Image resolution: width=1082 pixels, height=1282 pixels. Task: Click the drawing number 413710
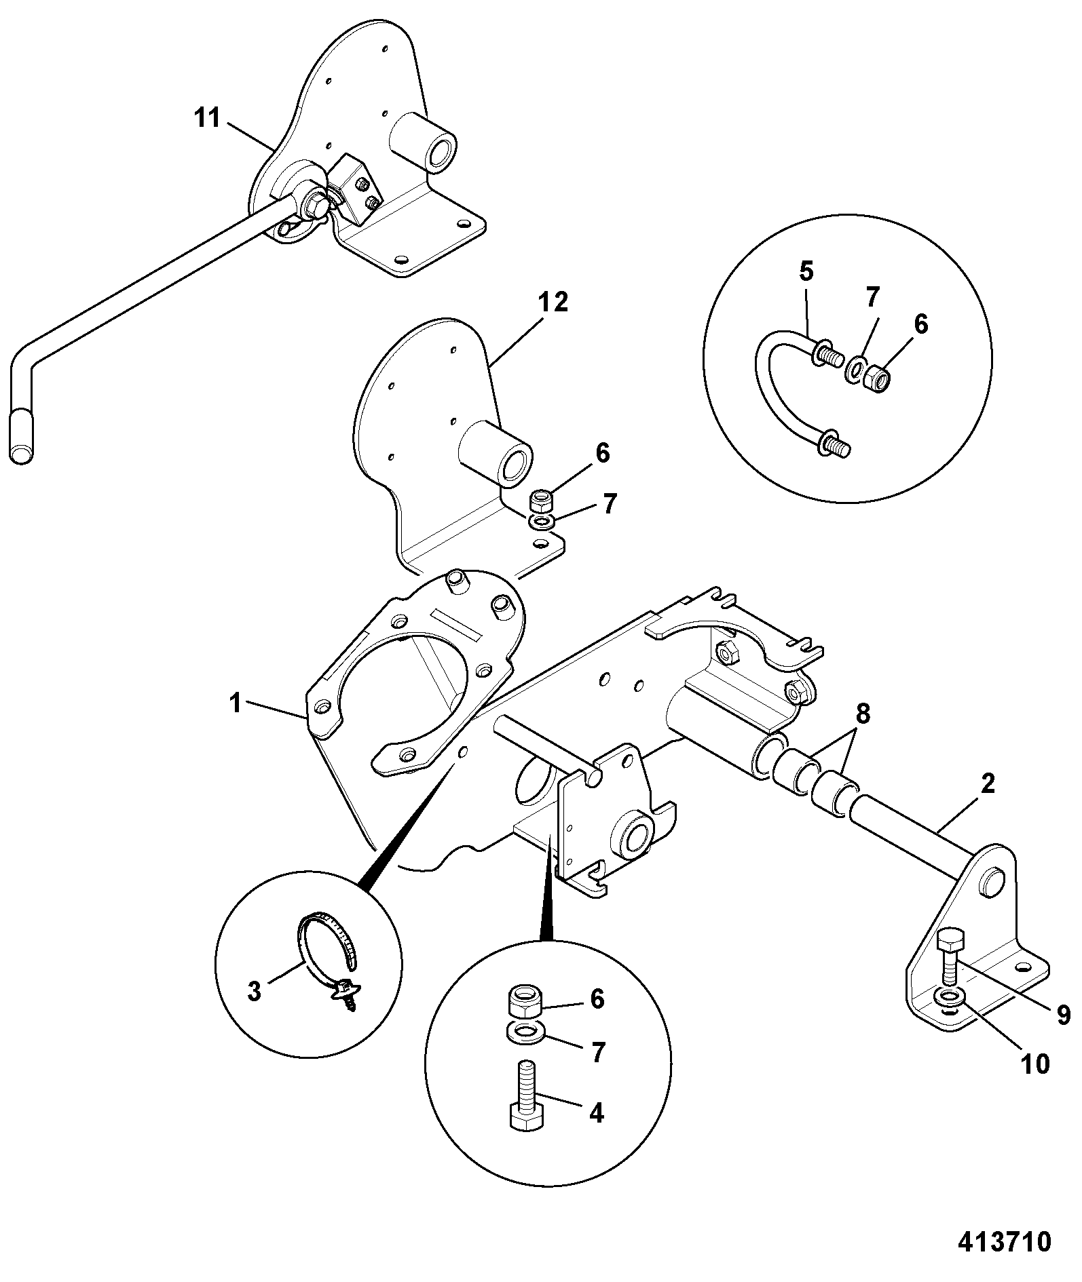point(1004,1242)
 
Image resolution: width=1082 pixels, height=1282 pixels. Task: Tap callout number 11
point(207,118)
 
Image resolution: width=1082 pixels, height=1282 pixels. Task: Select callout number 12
point(553,303)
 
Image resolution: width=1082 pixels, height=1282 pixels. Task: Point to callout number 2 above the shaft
point(988,784)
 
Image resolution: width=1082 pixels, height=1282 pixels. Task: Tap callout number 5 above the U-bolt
point(806,272)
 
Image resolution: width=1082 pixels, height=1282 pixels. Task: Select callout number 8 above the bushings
point(862,713)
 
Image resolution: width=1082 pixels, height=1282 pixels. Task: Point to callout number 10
point(1036,1063)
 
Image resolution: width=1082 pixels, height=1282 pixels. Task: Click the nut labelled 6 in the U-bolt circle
point(877,377)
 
